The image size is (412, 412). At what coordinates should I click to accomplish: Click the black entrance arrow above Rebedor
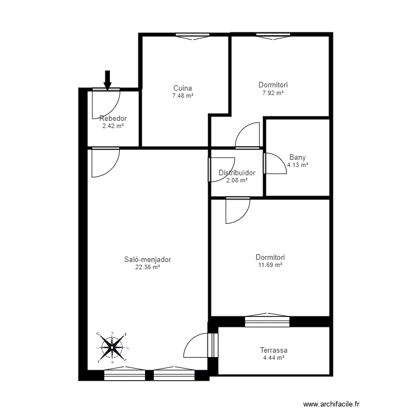tap(108, 80)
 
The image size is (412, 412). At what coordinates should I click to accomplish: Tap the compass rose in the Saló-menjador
tap(112, 347)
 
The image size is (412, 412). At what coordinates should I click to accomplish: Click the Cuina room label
tap(182, 88)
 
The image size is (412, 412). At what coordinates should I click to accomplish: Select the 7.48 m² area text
tap(182, 96)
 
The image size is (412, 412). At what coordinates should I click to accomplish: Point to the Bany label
tap(297, 157)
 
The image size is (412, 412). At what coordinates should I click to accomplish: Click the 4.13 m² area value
tap(297, 165)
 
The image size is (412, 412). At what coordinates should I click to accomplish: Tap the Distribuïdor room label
tap(237, 172)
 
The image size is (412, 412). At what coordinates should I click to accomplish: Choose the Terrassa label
tap(274, 350)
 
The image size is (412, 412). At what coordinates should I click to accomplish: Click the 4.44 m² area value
tap(274, 358)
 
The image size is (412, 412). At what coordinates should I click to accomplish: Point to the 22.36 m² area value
tap(148, 268)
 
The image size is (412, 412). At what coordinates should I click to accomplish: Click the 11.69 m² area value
tap(270, 265)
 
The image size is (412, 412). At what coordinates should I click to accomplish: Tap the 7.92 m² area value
tap(273, 93)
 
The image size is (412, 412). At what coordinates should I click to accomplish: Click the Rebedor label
tap(113, 118)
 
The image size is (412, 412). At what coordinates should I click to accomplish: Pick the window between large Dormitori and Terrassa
tap(266, 321)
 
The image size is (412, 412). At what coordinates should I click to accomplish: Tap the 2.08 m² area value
tap(237, 180)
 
